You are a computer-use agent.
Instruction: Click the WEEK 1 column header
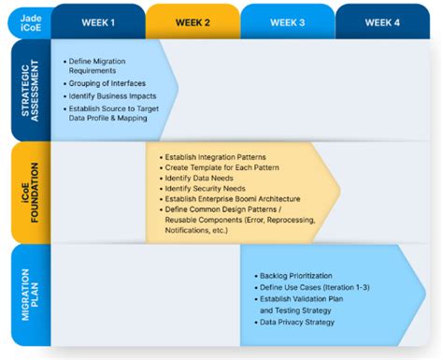tap(98, 22)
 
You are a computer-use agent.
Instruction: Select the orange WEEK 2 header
tap(193, 22)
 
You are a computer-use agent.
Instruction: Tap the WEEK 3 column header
tap(287, 22)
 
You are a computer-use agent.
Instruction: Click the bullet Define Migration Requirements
tap(103, 65)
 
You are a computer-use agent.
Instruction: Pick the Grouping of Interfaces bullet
tap(107, 83)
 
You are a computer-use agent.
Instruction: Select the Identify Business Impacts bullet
tap(107, 97)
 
